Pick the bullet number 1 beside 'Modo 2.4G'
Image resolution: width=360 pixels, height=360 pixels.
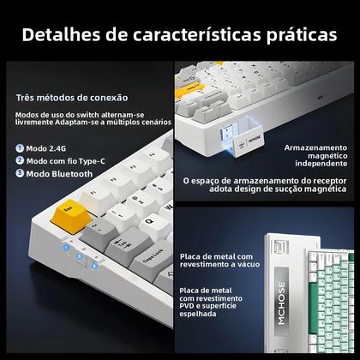[19, 147]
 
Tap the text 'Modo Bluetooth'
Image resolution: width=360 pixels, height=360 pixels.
[59, 173]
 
